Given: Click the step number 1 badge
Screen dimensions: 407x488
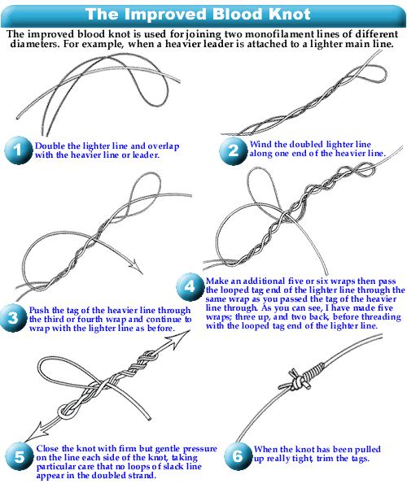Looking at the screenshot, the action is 19,150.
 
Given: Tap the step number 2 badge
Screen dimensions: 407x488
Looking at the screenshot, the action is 234,151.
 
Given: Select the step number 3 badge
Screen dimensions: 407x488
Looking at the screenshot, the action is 13,318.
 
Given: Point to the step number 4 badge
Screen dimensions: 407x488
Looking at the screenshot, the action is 190,286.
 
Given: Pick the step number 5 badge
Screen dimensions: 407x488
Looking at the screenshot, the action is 19,456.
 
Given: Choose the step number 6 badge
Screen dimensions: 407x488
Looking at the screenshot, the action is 239,456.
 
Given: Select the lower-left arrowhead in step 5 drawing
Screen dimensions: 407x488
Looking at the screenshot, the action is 37,431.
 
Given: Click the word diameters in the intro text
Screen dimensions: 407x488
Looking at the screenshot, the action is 35,44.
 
